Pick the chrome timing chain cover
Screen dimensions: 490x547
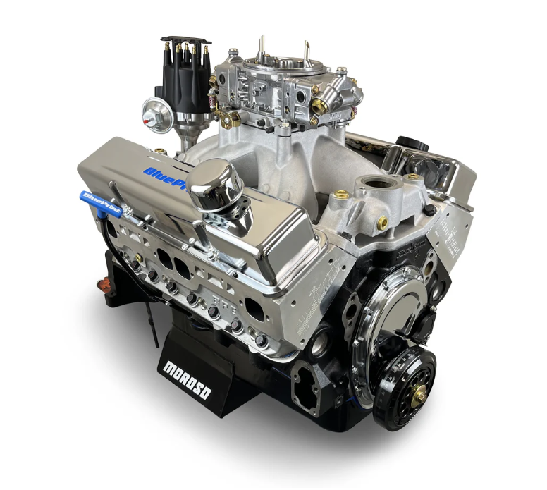391,304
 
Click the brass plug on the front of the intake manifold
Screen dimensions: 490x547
382,223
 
